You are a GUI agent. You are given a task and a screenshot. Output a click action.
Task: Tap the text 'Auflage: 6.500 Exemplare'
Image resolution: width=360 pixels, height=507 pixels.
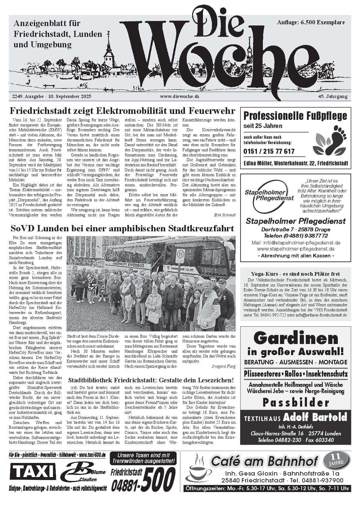click(x=311, y=22)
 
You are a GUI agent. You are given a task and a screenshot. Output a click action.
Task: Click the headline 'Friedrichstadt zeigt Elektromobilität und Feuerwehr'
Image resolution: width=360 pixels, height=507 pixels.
click(x=122, y=111)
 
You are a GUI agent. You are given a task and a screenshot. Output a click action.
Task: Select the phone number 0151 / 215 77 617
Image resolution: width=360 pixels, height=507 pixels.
click(x=269, y=151)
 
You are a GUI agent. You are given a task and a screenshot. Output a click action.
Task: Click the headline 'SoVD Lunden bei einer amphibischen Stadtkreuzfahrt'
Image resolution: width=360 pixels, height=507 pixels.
click(x=122, y=229)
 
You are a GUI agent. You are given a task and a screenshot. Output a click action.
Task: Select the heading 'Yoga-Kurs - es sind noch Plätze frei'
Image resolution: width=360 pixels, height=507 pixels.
click(x=295, y=273)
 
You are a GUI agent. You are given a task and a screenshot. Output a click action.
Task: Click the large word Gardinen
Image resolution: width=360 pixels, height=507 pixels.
click(x=296, y=338)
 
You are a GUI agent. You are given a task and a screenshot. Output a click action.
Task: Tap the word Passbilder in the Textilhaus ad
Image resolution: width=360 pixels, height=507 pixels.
click(x=296, y=402)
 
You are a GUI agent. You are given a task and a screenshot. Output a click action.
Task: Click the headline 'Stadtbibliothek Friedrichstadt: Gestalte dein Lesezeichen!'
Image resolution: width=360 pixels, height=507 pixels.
click(x=151, y=380)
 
